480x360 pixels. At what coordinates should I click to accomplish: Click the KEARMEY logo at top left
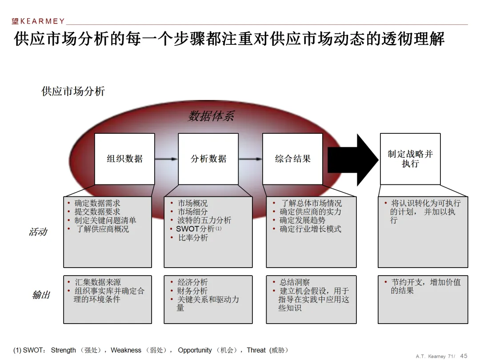(38, 21)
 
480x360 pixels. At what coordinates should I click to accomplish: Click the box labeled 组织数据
(124, 159)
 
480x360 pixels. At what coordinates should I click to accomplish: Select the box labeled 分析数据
(208, 159)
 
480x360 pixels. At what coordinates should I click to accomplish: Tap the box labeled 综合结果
(292, 159)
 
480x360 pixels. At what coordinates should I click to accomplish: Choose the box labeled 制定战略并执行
(410, 159)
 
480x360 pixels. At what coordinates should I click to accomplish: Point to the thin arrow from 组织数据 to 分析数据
(166, 159)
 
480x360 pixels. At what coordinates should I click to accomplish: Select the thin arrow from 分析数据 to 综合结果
(250, 159)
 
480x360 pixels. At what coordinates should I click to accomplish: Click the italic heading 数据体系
(211, 116)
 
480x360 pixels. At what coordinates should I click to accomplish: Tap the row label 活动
(38, 232)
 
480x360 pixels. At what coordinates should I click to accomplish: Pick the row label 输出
(41, 295)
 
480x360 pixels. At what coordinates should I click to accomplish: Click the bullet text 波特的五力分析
(204, 220)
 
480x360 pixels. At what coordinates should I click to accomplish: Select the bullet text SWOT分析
(195, 229)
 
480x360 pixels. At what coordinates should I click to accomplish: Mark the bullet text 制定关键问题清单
(105, 220)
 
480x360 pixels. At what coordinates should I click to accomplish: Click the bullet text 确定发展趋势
(302, 220)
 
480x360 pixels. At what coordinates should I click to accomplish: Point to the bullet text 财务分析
(192, 291)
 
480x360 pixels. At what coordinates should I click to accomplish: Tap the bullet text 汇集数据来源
(97, 282)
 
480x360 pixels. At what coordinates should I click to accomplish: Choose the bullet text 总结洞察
(295, 282)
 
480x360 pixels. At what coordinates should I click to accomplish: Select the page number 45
(464, 356)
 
